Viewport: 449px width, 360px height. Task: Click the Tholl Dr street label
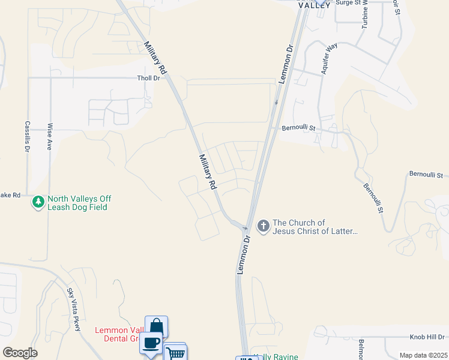coord(149,78)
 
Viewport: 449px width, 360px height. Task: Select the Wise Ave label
coord(50,136)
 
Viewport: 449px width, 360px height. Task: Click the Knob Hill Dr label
coord(427,337)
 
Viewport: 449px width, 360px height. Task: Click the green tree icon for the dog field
coord(39,202)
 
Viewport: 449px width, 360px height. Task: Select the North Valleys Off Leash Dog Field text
coord(79,203)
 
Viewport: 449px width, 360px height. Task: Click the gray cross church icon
coord(263,226)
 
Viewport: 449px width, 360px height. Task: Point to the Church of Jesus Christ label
coord(315,227)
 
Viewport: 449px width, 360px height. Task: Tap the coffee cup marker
coord(151,343)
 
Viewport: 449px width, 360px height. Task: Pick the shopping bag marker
coord(157,326)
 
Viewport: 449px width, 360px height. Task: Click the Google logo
coord(20,353)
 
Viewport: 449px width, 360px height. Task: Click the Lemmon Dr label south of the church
coord(243,255)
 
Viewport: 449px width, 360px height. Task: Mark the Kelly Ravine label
coord(276,357)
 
